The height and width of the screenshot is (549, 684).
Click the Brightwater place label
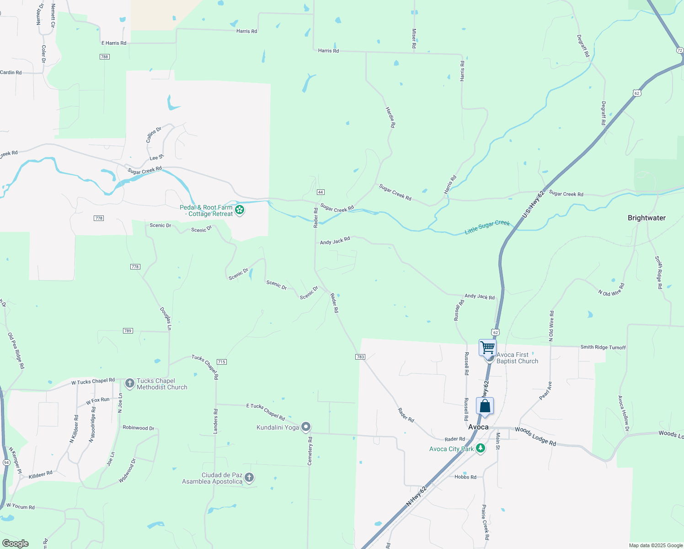(x=647, y=218)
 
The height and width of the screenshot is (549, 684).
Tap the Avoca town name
(x=478, y=427)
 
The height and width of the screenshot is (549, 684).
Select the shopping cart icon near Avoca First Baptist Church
(x=487, y=347)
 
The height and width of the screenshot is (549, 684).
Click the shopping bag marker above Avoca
(x=485, y=406)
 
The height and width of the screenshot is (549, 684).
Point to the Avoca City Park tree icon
(x=480, y=448)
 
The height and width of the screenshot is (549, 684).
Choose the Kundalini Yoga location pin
(x=306, y=427)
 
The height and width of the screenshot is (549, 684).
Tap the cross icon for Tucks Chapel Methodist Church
(x=129, y=383)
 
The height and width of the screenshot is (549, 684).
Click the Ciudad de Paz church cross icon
(x=249, y=478)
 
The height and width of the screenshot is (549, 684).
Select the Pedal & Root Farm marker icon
(x=240, y=210)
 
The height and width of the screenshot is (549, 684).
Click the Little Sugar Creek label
(x=487, y=227)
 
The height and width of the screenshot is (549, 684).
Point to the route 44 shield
(x=321, y=192)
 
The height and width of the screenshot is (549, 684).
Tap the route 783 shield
(x=360, y=357)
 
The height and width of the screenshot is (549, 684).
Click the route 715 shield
(x=222, y=362)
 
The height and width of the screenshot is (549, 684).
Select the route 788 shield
(x=105, y=57)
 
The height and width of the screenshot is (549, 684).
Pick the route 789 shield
(x=128, y=331)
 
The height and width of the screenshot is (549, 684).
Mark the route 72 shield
(x=680, y=50)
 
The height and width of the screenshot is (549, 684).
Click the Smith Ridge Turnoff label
(x=603, y=347)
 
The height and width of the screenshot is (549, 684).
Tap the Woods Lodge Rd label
(x=535, y=436)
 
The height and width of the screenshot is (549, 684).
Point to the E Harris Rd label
(x=114, y=43)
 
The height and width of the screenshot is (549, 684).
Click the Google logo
(x=16, y=544)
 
